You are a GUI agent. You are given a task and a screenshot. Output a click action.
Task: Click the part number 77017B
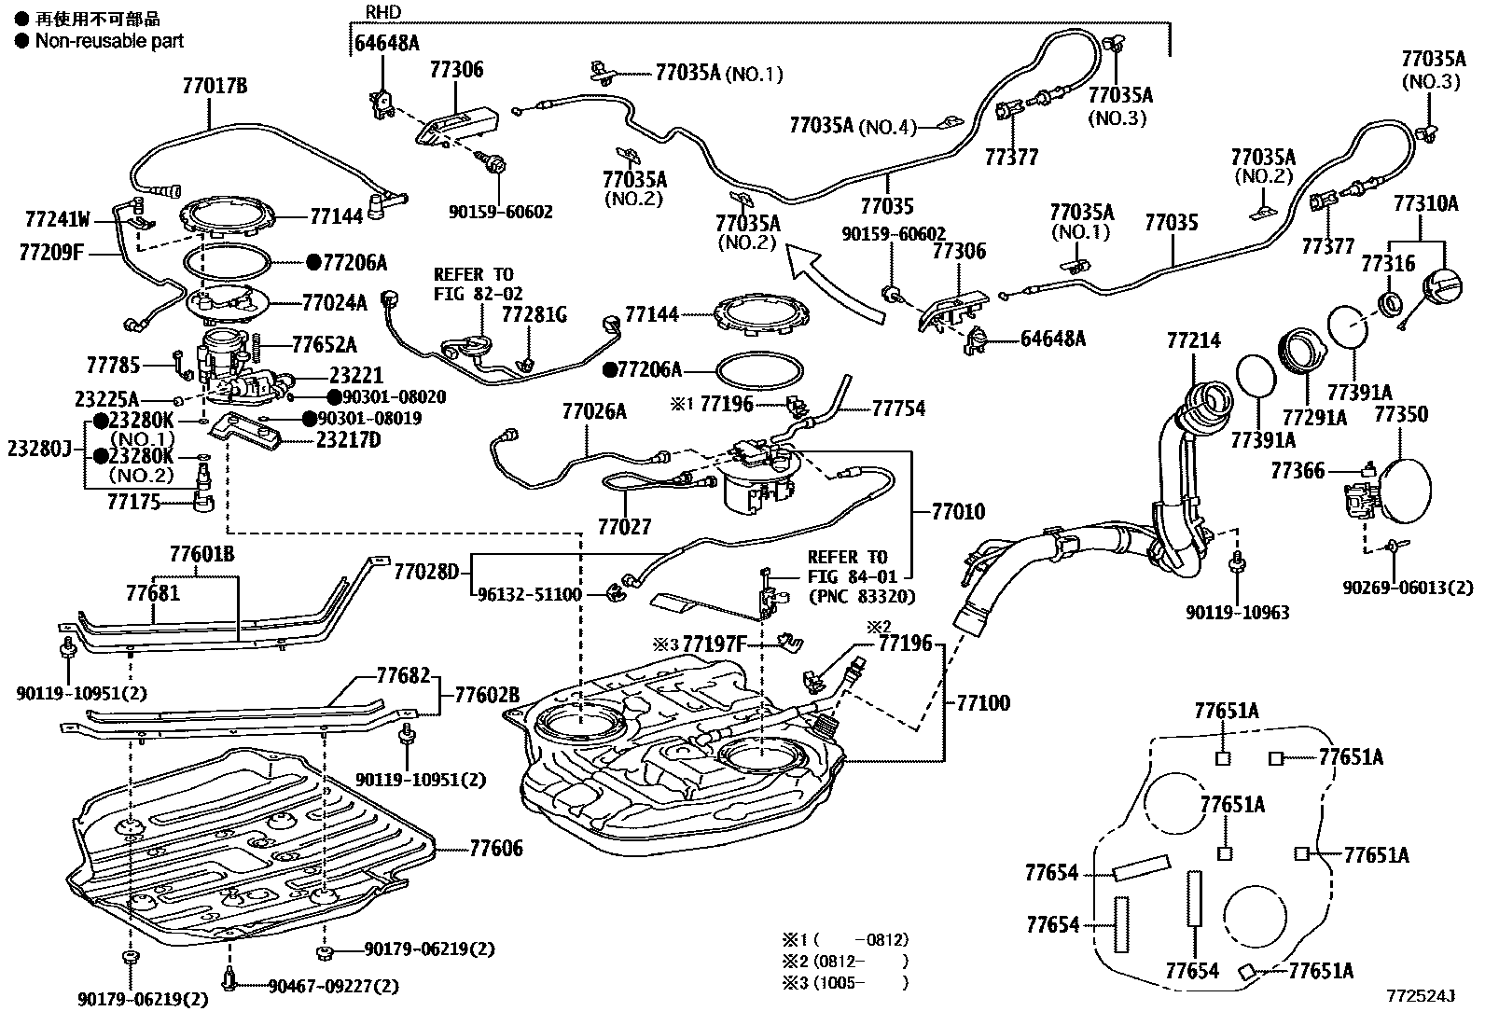pyautogui.click(x=215, y=87)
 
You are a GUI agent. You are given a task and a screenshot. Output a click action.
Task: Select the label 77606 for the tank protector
pyautogui.click(x=495, y=849)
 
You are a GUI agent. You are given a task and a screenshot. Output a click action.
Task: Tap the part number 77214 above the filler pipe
pyautogui.click(x=1192, y=341)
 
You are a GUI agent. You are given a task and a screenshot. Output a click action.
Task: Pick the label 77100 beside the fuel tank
pyautogui.click(x=982, y=702)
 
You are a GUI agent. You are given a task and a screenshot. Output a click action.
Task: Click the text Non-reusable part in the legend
pyautogui.click(x=109, y=41)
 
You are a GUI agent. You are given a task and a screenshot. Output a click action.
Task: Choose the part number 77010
pyautogui.click(x=958, y=511)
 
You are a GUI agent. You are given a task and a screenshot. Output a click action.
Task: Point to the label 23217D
pyautogui.click(x=348, y=439)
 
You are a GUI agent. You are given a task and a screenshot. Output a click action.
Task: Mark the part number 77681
pyautogui.click(x=153, y=592)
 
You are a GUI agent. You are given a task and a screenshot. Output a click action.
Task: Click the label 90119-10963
pyautogui.click(x=1237, y=613)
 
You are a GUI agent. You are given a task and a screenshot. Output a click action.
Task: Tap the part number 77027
pyautogui.click(x=624, y=526)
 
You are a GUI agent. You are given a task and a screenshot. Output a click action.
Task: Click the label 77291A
pyautogui.click(x=1314, y=418)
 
